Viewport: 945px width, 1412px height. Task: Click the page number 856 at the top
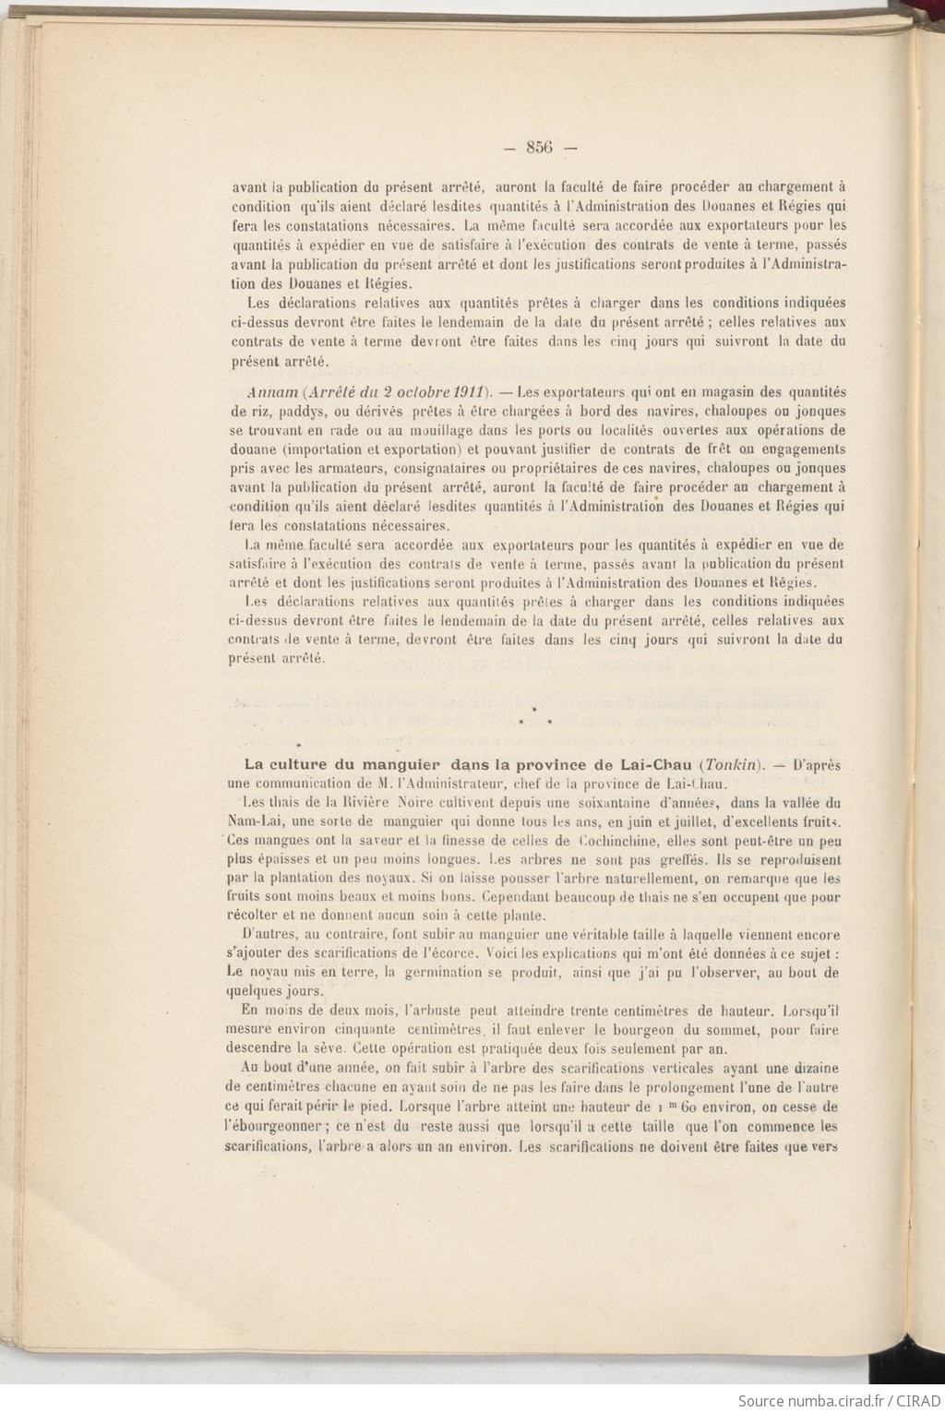[x=538, y=147]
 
